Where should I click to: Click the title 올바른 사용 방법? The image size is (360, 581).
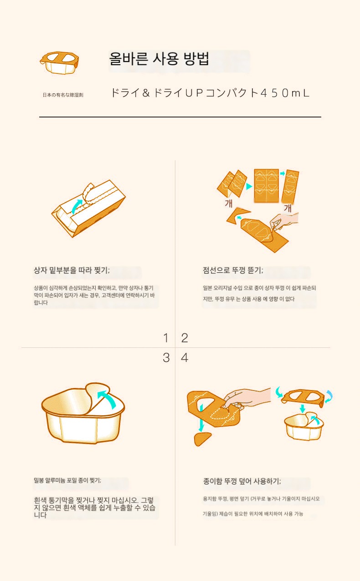click(159, 59)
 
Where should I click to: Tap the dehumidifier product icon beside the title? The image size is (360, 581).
click(59, 63)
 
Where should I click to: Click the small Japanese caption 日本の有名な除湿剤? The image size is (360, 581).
click(63, 95)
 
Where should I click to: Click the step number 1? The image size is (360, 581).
click(166, 338)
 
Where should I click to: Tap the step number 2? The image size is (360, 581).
click(185, 338)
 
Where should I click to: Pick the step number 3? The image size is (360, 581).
click(166, 358)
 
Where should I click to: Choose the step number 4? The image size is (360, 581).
click(185, 358)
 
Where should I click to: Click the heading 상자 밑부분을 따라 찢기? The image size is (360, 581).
click(72, 270)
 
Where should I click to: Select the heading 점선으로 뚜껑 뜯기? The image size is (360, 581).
click(233, 270)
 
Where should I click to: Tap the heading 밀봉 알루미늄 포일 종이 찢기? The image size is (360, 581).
click(67, 480)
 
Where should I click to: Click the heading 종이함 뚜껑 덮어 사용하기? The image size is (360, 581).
click(242, 481)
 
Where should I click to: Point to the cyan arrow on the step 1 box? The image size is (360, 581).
click(77, 206)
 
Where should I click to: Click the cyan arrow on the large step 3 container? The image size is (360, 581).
click(108, 398)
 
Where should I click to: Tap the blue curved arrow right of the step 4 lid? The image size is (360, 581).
click(329, 396)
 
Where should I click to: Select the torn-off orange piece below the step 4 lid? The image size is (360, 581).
click(202, 438)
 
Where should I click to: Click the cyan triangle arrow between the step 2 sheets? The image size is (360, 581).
click(249, 186)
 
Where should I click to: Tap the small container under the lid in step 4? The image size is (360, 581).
click(304, 426)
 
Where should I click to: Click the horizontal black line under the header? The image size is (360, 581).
click(180, 117)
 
